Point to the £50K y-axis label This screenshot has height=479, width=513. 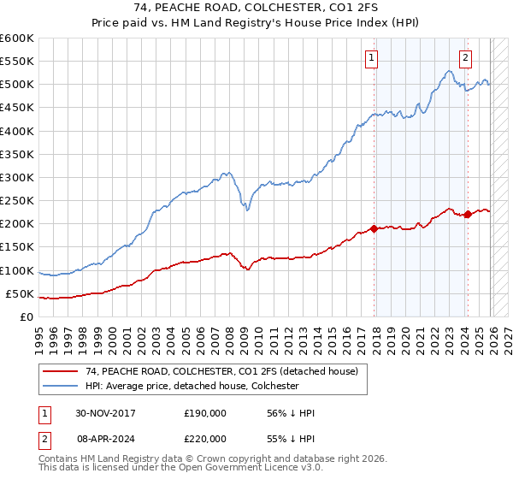pyautogui.click(x=21, y=293)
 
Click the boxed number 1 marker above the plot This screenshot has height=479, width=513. pyautogui.click(x=373, y=58)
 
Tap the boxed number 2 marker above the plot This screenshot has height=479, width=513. pyautogui.click(x=465, y=58)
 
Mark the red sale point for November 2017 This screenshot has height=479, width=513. pyautogui.click(x=374, y=228)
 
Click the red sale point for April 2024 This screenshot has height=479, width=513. pyautogui.click(x=468, y=215)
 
